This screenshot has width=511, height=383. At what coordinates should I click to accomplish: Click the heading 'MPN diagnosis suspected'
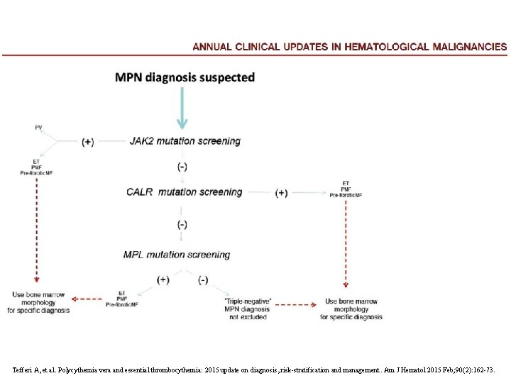tap(185, 77)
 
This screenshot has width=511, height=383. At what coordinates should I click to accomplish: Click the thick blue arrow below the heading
tap(182, 107)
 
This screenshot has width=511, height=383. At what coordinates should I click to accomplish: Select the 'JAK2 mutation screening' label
tap(185, 141)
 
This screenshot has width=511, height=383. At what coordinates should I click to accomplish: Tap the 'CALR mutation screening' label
tap(184, 192)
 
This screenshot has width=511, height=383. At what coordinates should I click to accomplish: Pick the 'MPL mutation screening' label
tap(177, 255)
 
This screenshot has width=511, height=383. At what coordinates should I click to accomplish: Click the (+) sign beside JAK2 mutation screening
tap(87, 142)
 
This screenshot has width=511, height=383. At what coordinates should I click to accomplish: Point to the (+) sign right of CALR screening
tap(282, 193)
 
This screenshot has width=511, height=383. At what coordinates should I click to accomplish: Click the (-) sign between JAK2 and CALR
tap(182, 167)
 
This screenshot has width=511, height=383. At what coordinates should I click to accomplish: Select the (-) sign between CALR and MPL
tap(182, 224)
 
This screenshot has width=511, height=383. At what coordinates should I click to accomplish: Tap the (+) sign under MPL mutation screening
tap(163, 279)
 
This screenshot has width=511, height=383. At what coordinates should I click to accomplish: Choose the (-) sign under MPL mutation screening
tap(203, 279)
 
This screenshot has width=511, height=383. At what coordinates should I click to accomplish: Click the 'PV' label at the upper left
tap(38, 128)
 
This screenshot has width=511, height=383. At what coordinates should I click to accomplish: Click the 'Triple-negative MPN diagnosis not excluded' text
tap(248, 309)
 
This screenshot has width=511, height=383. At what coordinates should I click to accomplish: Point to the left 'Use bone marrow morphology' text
tap(39, 302)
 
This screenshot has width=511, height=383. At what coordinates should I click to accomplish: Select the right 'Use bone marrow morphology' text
tap(351, 309)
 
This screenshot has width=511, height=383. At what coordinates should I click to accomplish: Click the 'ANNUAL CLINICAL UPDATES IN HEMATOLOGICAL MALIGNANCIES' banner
tap(350, 47)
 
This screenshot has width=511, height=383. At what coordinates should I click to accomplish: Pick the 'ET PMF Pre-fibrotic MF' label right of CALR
tap(346, 189)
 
